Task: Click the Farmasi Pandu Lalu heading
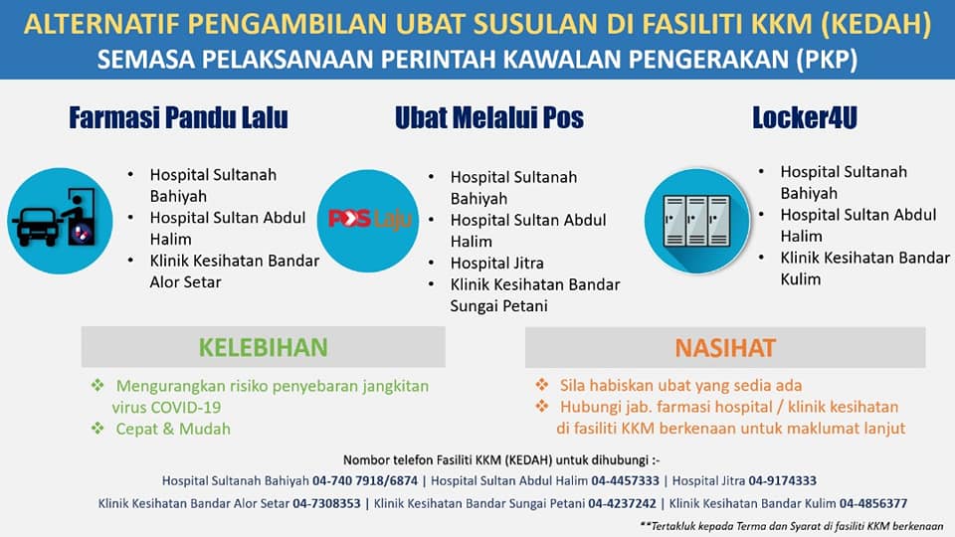coord(178,117)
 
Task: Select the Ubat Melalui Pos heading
coord(489,117)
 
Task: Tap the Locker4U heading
coord(805,117)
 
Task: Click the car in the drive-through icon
coord(38,226)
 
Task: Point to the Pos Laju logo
coord(370,219)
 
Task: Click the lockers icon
coord(696,221)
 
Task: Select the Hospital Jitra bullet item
coord(497,263)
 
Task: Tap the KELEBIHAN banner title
coord(263,347)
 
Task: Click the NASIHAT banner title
coord(725,348)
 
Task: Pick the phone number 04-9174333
coord(782,480)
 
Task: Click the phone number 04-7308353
coord(326,503)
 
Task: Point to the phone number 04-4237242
coord(622,503)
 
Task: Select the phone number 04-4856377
coord(873,503)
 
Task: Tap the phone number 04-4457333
coord(625,480)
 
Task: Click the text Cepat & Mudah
coord(173,429)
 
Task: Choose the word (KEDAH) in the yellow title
coord(875,24)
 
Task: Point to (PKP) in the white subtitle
coord(827,60)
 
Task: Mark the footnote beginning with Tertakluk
coord(792,526)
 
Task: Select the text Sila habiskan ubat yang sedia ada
coord(680,386)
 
